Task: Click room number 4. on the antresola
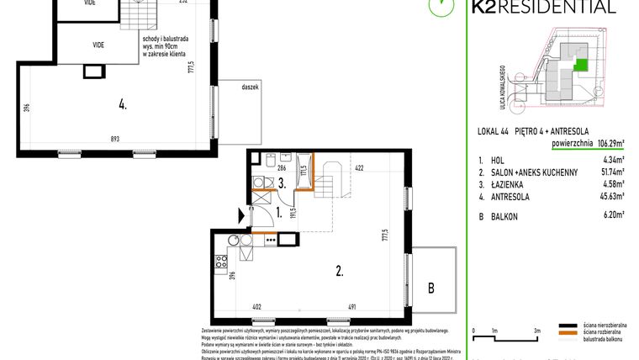point(123,105)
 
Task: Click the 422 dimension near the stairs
point(358,167)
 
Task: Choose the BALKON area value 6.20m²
point(611,215)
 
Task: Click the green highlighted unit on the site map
point(578,64)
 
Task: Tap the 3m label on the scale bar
point(536,331)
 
